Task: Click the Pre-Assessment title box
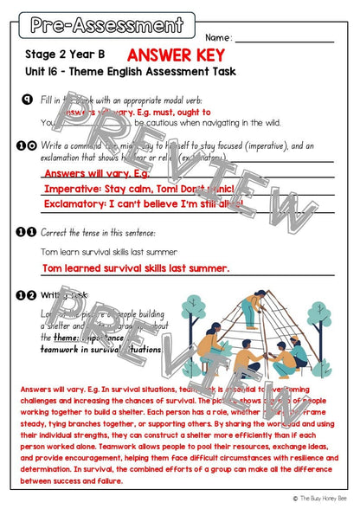point(106,26)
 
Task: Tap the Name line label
point(219,38)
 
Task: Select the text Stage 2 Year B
point(60,55)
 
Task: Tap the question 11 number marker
point(26,232)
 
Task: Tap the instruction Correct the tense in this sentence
point(98,233)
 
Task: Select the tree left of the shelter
point(192,310)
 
